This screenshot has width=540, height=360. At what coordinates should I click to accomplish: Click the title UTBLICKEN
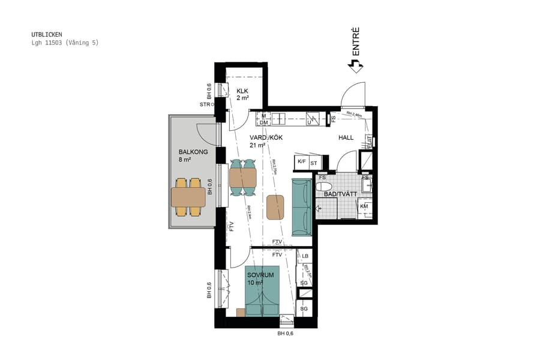pos(47,34)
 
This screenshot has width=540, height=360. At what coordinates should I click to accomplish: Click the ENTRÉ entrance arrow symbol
pos(356,66)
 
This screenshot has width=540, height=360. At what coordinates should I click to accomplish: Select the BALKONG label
pos(193,152)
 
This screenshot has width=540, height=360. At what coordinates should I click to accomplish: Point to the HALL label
pos(346,137)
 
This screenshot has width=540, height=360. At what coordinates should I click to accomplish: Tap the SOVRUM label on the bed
pos(260,275)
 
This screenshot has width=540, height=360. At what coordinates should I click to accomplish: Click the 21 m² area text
pos(257,145)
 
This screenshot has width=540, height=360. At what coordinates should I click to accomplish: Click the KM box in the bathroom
pos(364,206)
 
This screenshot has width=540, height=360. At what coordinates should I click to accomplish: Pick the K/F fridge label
pos(301,162)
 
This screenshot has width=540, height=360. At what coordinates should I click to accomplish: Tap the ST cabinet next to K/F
pos(313,163)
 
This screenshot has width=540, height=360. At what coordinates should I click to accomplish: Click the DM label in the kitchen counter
pos(263,122)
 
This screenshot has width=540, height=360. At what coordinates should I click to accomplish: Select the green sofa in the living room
pos(302,207)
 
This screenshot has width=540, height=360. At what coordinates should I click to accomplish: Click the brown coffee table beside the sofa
pos(275,206)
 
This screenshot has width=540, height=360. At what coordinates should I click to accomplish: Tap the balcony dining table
pos(188,197)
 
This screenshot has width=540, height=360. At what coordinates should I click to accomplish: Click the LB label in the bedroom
pos(305,256)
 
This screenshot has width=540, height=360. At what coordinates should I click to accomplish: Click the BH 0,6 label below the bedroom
pos(285,333)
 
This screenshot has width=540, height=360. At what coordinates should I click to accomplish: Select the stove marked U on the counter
pos(311,119)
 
